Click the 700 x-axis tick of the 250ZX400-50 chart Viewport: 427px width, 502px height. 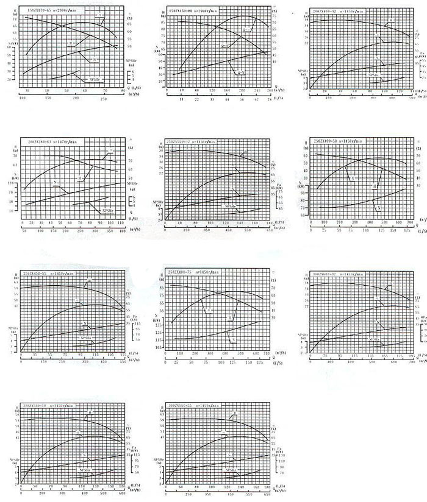click(x=410, y=223)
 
